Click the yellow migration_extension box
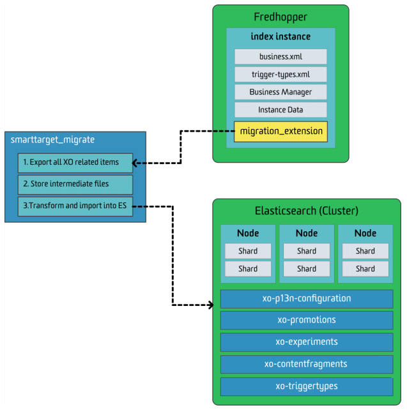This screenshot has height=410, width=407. (280, 132)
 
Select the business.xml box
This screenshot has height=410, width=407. (280, 56)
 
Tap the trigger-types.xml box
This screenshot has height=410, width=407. (280, 74)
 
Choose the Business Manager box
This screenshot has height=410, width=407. (280, 92)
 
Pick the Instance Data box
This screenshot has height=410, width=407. (280, 110)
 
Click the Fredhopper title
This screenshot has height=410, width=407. (280, 17)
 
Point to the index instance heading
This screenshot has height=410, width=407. (280, 36)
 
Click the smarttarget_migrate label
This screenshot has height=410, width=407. (52, 140)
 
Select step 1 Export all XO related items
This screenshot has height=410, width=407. (75, 163)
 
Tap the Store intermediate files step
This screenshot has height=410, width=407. (75, 185)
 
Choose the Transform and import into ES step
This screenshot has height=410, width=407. (75, 206)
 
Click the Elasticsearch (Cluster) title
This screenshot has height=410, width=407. (307, 211)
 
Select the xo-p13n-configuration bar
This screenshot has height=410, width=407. (307, 299)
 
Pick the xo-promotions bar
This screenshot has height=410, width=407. (307, 321)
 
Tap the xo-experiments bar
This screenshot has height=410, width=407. (307, 342)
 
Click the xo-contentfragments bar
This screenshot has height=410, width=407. (307, 364)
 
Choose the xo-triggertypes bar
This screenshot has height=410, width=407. (307, 386)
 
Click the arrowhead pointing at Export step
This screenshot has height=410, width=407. (135, 163)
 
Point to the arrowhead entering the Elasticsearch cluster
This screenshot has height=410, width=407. (211, 305)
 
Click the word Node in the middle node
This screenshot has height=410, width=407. (307, 233)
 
